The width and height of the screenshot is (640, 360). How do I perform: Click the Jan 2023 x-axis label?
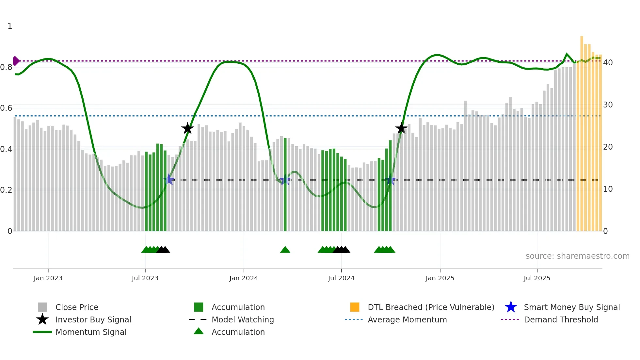(x=48, y=278)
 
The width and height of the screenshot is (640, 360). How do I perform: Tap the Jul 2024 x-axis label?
(x=341, y=278)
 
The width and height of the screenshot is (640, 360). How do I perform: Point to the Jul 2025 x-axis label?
(x=537, y=278)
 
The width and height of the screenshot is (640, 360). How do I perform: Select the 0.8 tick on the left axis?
(x=6, y=67)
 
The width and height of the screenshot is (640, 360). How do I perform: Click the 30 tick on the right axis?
(x=608, y=105)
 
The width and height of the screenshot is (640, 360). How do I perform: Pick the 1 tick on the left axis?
(x=10, y=26)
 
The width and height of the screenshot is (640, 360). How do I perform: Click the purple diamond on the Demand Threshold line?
(x=16, y=61)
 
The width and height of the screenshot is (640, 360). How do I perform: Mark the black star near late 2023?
(x=187, y=128)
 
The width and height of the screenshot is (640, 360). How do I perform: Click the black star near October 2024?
(x=401, y=128)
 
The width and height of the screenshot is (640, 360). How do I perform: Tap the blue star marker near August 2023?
(x=169, y=179)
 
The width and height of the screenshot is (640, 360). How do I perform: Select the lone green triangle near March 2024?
(x=285, y=250)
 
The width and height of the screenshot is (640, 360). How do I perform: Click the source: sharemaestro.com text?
(x=577, y=256)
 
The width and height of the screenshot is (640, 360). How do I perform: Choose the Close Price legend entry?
(x=76, y=307)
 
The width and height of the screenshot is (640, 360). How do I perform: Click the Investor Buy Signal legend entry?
(x=93, y=319)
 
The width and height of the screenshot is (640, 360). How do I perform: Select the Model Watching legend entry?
(x=242, y=319)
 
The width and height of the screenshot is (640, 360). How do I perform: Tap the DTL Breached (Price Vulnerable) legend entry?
(x=431, y=307)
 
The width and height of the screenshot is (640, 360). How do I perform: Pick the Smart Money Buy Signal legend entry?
(x=571, y=307)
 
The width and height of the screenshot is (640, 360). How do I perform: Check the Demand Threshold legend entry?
(x=561, y=319)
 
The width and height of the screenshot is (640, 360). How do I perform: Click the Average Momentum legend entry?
(x=407, y=319)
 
